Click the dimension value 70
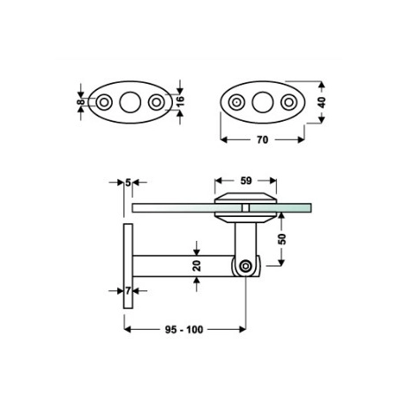point(262,139)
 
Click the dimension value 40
point(322,102)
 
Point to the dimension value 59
point(246,181)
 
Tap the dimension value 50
point(281,239)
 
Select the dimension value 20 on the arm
point(197,266)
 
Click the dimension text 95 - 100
point(184,330)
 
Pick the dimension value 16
point(180,101)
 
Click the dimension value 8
point(80,102)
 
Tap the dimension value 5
point(128,183)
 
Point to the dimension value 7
point(128,291)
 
